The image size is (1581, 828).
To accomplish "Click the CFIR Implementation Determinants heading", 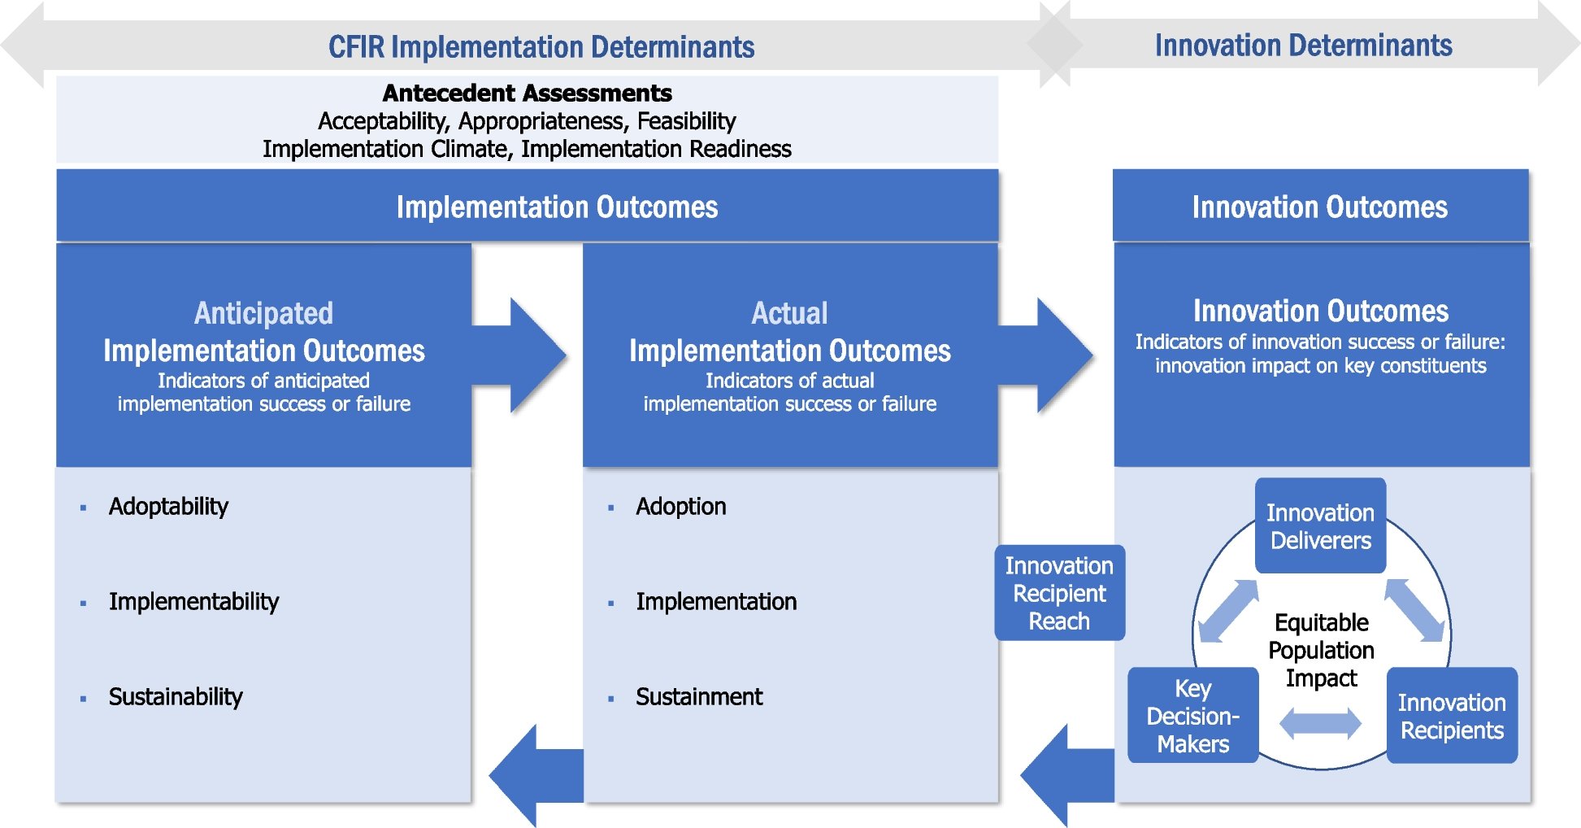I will (x=541, y=47).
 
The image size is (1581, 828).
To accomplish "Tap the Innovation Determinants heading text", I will (x=1303, y=46).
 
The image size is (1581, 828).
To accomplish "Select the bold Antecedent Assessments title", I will (x=527, y=93).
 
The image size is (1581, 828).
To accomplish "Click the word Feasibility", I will (x=686, y=121).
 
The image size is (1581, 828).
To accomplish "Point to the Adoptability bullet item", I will (x=168, y=506).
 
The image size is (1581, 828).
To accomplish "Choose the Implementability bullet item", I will (x=193, y=601).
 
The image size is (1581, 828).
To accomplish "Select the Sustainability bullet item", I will (x=176, y=696).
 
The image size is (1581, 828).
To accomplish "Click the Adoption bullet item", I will (x=680, y=506).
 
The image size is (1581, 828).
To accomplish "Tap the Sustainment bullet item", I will (x=699, y=696).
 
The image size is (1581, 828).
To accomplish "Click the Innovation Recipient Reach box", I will (x=1059, y=593).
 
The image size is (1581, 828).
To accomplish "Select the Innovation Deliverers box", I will (x=1320, y=526).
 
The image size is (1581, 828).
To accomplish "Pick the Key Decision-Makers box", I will (x=1192, y=716).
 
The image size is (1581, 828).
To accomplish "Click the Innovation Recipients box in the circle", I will (x=1451, y=716).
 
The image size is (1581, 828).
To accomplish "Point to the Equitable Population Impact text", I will (x=1321, y=650).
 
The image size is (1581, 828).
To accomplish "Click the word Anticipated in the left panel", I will (x=263, y=313).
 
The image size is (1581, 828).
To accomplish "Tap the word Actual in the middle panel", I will (x=789, y=313).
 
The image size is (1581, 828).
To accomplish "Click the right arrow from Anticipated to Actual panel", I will (x=528, y=355).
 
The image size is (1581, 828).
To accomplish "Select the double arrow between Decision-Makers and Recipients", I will (x=1320, y=723).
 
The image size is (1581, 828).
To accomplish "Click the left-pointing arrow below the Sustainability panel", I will (x=532, y=775).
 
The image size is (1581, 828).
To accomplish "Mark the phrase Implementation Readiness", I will (x=656, y=149).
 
